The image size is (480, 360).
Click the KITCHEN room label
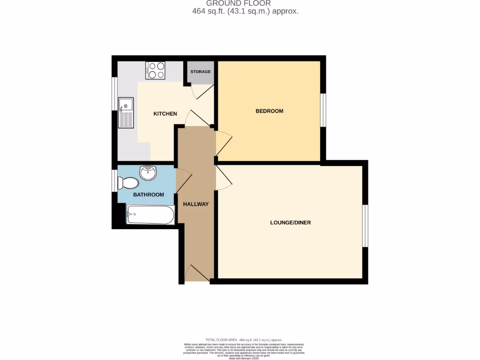(x=165, y=114)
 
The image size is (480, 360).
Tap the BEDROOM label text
(x=269, y=111)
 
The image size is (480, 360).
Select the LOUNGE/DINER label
(x=290, y=223)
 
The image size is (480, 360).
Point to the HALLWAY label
(x=195, y=204)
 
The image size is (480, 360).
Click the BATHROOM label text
(x=149, y=195)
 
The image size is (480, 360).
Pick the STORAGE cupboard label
(x=200, y=72)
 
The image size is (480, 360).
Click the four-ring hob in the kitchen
(x=155, y=70)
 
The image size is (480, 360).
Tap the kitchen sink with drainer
(x=126, y=112)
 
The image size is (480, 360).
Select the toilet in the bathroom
(x=128, y=182)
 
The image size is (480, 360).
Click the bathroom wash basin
(x=148, y=172)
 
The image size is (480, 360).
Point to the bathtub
(x=150, y=215)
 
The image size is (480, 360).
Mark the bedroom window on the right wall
(x=323, y=110)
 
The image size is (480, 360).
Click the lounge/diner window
(x=366, y=225)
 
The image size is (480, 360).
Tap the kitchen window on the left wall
(x=114, y=93)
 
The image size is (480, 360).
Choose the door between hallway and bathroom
(x=183, y=180)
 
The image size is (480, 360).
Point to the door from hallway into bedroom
(x=223, y=143)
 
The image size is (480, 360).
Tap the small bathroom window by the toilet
(x=114, y=181)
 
